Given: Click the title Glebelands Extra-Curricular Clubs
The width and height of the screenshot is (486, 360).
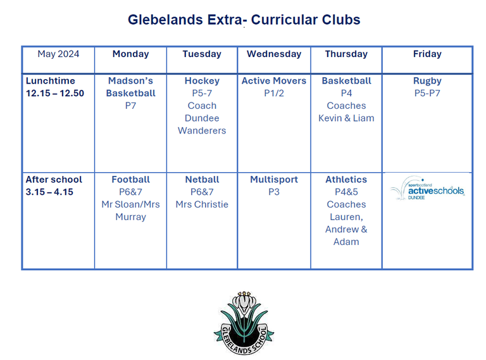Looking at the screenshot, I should coord(244,20).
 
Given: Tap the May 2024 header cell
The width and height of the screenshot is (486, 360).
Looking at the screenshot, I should coord(58,54).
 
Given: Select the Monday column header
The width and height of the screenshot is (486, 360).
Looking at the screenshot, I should coord(130,54).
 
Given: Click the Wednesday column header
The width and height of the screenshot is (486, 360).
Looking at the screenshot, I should coord(274,54).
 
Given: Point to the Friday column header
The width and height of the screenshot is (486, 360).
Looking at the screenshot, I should coord(427,54).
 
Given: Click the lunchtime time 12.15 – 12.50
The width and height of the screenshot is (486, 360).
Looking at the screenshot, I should coord(55,93).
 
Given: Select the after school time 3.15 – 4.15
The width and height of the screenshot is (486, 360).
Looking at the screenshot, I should coord(49,192).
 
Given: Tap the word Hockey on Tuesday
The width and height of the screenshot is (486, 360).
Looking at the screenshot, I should coord(202,81).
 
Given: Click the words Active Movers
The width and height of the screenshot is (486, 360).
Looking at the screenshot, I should coord(274,81).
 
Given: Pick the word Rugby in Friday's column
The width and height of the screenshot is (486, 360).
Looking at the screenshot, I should coord(427,81).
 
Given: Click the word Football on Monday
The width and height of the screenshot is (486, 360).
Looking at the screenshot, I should coord(130,180).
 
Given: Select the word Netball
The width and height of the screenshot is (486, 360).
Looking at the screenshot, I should coord(202,180).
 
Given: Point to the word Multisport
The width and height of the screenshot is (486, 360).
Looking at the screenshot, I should coord(274,180).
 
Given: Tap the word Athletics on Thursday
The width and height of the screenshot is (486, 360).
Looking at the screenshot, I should coord(346,180).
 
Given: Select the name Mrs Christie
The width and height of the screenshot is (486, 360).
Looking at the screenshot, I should coord(202,204).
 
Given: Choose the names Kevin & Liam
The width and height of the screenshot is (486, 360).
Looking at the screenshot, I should coord(346,118).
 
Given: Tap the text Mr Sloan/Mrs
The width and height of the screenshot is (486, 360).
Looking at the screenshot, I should coord(130,204).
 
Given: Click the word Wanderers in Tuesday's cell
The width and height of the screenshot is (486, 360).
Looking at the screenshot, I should coord(202,131).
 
